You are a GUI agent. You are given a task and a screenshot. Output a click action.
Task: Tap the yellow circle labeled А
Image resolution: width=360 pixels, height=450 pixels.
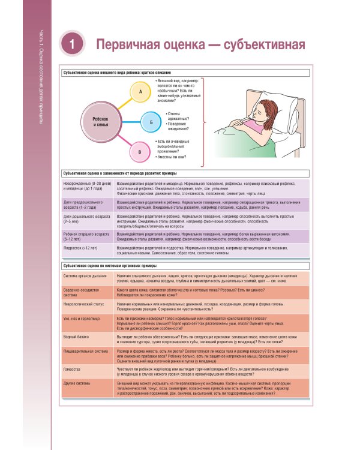139,91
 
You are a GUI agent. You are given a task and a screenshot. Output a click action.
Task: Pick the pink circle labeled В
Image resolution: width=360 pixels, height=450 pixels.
139,152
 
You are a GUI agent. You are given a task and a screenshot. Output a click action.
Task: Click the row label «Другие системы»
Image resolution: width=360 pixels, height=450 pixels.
79,382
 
